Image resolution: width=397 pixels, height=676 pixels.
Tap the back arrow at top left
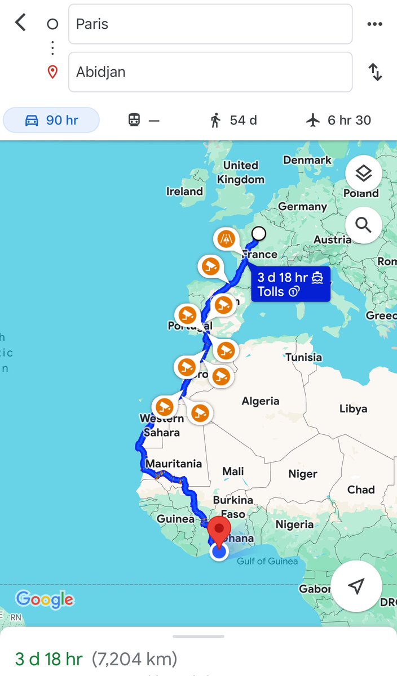21,23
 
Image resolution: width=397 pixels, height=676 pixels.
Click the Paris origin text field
210,24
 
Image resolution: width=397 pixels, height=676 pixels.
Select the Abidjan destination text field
210,72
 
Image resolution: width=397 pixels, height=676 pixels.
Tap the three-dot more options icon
374,24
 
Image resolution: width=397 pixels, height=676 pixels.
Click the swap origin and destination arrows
375,72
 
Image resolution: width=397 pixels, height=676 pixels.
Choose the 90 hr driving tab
51,120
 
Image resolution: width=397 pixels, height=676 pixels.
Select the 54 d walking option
233,120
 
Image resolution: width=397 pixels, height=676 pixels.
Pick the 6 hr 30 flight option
339,120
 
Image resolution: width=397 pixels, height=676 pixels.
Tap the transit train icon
134,120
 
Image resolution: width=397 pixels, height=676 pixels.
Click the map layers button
363,174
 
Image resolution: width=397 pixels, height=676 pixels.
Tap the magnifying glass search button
363,225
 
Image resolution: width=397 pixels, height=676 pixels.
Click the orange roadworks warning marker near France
226,239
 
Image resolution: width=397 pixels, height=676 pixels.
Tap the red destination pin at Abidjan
219,530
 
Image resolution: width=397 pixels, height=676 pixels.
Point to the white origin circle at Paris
259,233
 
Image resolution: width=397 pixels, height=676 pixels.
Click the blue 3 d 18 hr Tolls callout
290,284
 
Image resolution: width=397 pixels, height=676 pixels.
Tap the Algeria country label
260,401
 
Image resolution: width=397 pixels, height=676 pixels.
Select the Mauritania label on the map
173,464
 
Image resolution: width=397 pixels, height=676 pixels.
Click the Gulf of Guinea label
267,561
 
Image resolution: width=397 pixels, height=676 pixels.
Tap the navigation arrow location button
356,586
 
